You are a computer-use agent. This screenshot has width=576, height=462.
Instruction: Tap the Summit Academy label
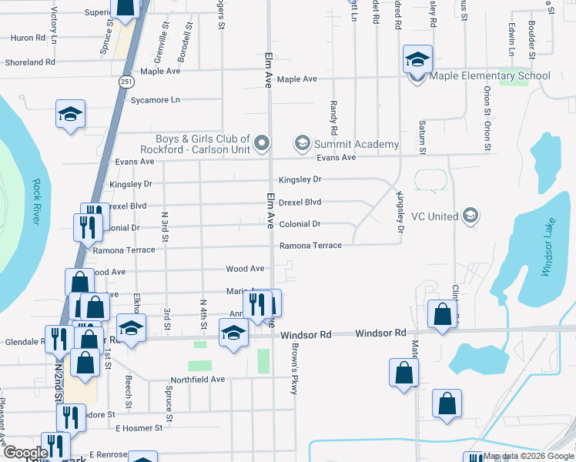pyautogui.click(x=356, y=144)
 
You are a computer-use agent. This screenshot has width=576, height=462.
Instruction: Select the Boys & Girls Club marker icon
pyautogui.click(x=263, y=143)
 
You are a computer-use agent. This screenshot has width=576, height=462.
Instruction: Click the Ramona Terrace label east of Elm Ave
pyautogui.click(x=310, y=246)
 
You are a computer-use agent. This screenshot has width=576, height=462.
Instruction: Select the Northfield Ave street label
pyautogui.click(x=197, y=380)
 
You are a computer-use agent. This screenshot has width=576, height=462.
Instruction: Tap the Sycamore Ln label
pyautogui.click(x=155, y=100)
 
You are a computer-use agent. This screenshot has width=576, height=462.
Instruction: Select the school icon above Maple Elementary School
pyautogui.click(x=417, y=59)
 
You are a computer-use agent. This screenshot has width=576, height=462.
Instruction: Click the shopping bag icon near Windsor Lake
pyautogui.click(x=442, y=314)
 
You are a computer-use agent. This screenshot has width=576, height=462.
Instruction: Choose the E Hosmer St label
pyautogui.click(x=139, y=427)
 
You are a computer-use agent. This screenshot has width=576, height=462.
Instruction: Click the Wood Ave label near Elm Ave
pyautogui.click(x=245, y=269)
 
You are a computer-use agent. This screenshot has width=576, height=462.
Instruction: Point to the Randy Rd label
pyautogui.click(x=334, y=115)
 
